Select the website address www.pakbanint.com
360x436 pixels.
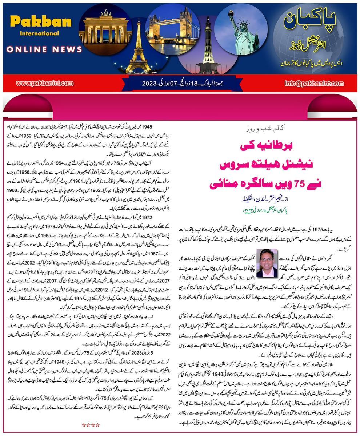[44, 83]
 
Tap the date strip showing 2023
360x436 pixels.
[180, 83]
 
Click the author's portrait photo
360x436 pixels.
[267, 262]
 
